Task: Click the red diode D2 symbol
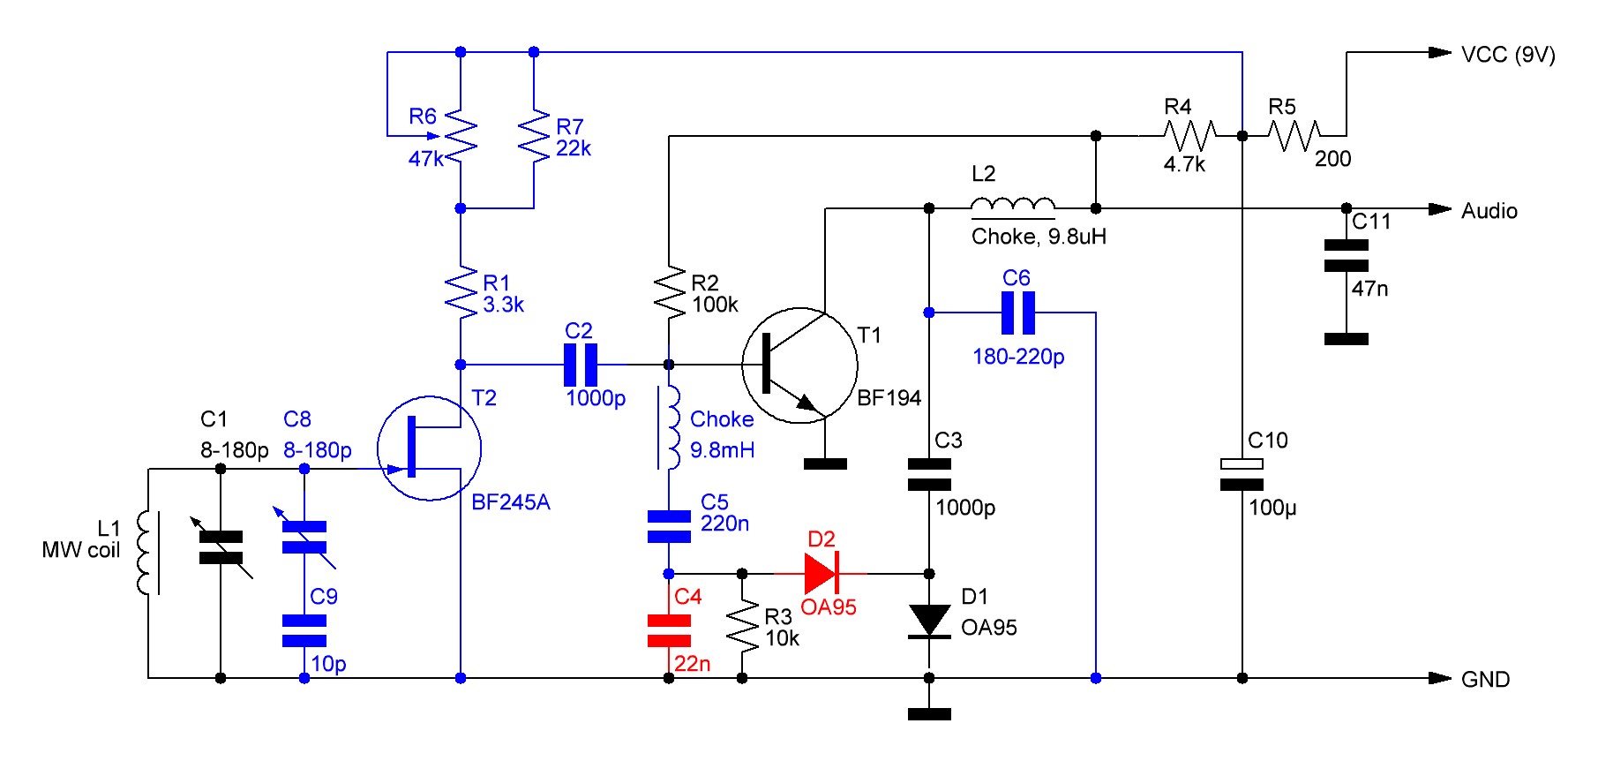[x=821, y=574]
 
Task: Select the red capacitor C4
[x=669, y=630]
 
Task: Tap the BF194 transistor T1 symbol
[x=799, y=365]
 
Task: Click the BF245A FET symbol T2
[x=429, y=448]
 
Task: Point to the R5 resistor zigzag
[x=1294, y=136]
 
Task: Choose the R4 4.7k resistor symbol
[x=1190, y=136]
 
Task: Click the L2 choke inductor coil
[x=1012, y=207]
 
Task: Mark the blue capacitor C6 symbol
[x=1017, y=313]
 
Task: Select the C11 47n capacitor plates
[x=1347, y=255]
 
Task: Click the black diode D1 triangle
[x=929, y=621]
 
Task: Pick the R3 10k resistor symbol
[x=742, y=626]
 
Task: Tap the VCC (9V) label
[x=1508, y=55]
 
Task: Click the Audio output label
[x=1489, y=211]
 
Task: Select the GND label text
[x=1486, y=679]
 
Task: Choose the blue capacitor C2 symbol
[x=580, y=364]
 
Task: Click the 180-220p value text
[x=1018, y=357]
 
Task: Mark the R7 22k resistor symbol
[x=534, y=136]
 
